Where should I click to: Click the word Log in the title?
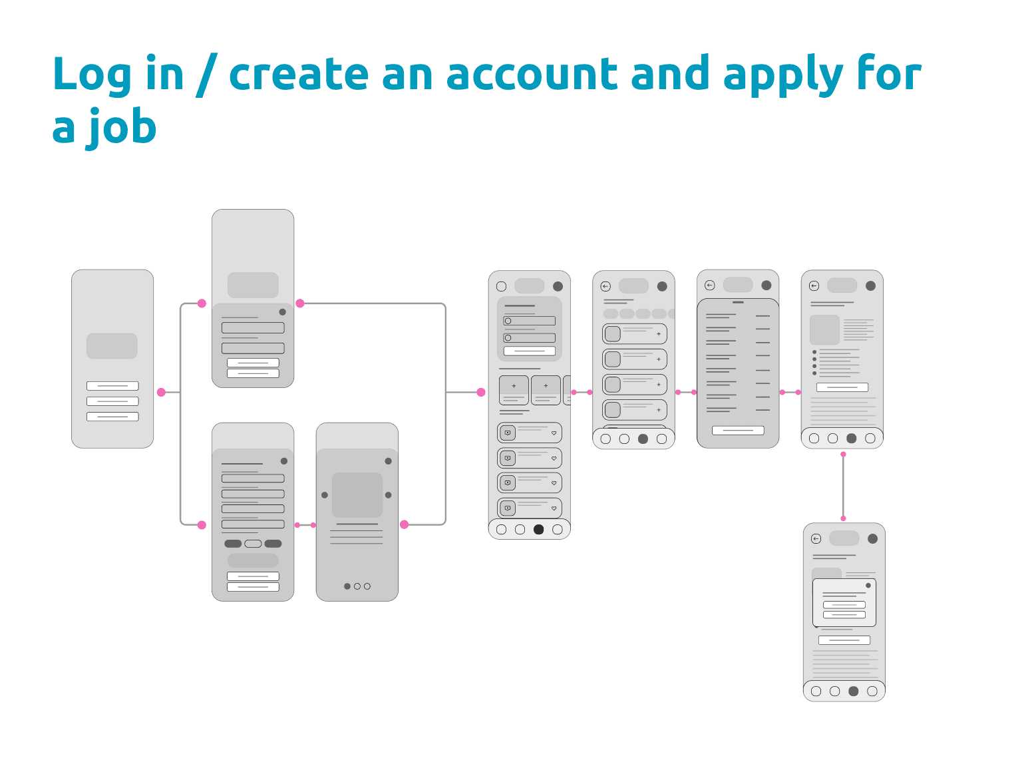tap(92, 74)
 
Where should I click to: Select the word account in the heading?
tap(531, 74)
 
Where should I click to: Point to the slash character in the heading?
tap(206, 75)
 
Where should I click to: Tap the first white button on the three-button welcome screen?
tap(112, 386)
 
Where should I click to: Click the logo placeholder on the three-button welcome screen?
tap(112, 345)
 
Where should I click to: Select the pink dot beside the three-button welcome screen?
tap(161, 392)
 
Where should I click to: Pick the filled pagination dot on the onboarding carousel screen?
tap(347, 586)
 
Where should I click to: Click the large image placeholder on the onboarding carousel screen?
tap(357, 495)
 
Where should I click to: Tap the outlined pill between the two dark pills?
tap(253, 544)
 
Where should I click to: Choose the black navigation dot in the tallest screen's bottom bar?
tap(538, 530)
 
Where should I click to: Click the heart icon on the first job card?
tap(554, 433)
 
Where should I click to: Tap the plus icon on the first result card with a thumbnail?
tap(659, 333)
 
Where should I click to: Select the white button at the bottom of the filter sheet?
tap(738, 431)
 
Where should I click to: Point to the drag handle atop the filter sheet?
tap(738, 302)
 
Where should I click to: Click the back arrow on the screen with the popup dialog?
tap(816, 539)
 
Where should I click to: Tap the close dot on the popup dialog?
tap(868, 586)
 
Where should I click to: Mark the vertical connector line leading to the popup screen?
tap(843, 486)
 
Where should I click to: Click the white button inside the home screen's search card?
tap(530, 351)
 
